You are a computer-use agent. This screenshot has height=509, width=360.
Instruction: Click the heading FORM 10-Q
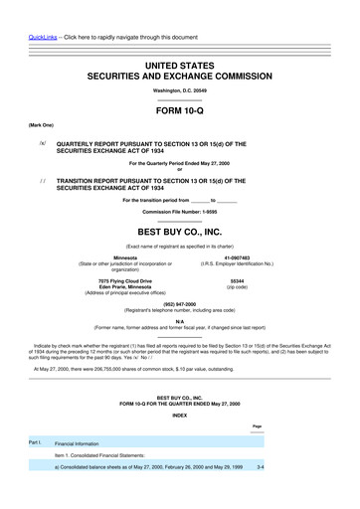click(x=179, y=111)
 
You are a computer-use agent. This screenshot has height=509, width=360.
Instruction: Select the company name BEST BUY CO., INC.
click(x=179, y=231)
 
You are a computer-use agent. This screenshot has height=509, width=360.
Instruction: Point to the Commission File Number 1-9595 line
click(x=179, y=213)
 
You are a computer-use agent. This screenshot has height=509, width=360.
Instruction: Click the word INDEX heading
click(x=179, y=416)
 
